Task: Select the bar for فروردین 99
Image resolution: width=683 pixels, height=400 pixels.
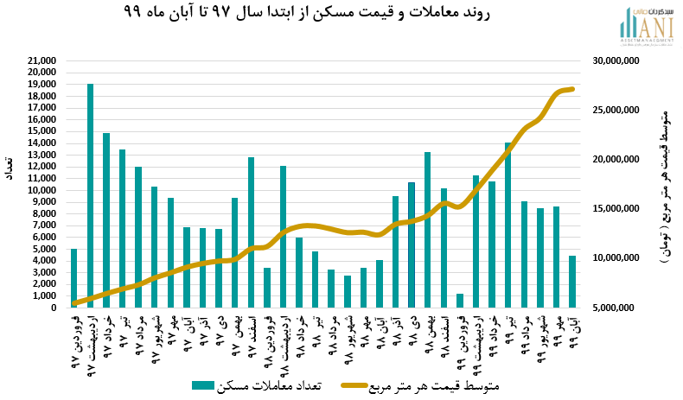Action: coord(460,301)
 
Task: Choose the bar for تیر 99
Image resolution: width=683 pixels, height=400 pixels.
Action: coord(507,225)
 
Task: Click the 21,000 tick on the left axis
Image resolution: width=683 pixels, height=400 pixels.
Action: coord(41,61)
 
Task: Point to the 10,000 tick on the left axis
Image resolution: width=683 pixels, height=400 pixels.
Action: coord(41,190)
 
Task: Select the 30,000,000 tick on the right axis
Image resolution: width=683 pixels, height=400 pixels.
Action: coord(612,61)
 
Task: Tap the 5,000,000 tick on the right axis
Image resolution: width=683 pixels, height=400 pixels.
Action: coord(615,308)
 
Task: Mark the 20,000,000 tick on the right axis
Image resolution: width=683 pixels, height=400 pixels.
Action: coord(612,160)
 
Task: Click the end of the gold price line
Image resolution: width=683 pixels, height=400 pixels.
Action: coord(572,89)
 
